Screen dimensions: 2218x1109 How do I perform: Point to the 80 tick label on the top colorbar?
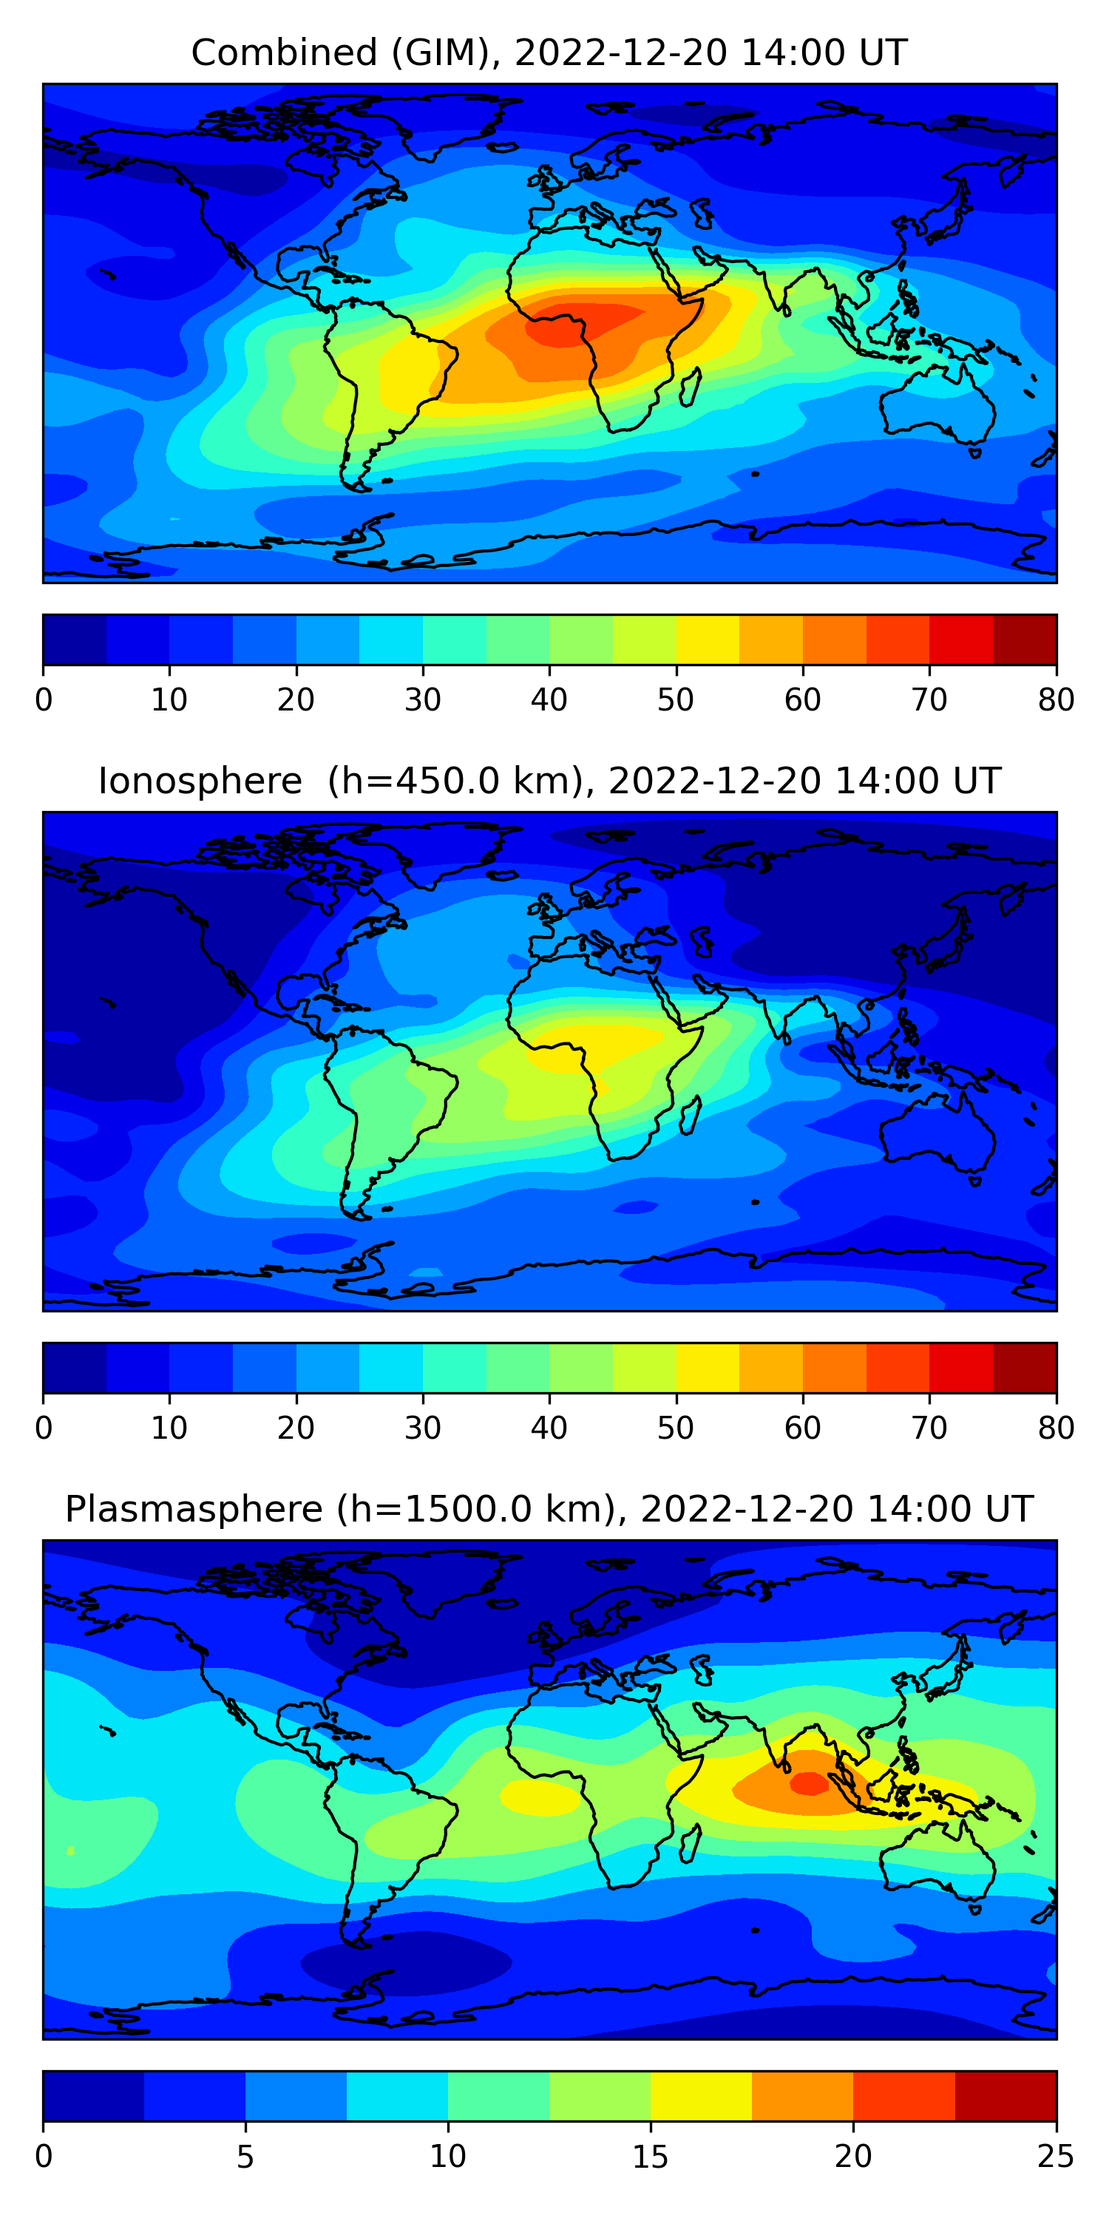[1056, 699]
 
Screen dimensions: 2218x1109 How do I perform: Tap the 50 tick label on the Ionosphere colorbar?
[675, 1428]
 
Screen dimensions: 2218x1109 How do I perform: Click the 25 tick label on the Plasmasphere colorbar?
[1056, 2156]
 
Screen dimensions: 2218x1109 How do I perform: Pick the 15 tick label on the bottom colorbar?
[650, 2156]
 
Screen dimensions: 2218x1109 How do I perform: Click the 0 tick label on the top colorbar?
[43, 699]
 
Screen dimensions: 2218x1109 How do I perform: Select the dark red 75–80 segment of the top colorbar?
[1025, 640]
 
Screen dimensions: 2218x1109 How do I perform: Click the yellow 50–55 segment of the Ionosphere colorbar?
[707, 1367]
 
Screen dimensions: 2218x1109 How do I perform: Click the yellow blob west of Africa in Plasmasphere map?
[539, 1797]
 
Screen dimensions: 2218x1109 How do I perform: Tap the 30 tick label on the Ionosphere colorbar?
[423, 1428]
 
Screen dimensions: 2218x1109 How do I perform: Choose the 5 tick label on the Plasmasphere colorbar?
[245, 2156]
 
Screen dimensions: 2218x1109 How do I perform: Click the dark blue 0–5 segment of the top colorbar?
[75, 640]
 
